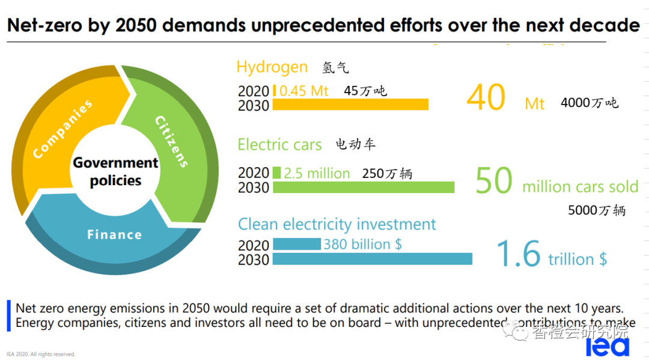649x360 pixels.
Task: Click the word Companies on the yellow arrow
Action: [x=63, y=130]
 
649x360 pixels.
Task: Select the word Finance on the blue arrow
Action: [x=114, y=234]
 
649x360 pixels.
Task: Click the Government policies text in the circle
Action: [x=115, y=171]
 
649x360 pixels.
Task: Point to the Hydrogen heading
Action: [x=272, y=67]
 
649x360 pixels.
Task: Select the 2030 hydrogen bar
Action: [x=350, y=105]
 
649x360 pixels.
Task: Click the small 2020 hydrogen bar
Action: [x=275, y=91]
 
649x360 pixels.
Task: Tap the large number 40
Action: [x=486, y=97]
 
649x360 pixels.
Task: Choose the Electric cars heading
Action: [x=279, y=144]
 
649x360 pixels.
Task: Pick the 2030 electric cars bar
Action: [x=364, y=187]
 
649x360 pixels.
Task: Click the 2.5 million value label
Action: [x=317, y=174]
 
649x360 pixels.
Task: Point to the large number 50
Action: [x=494, y=181]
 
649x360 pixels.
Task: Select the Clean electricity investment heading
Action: [x=337, y=224]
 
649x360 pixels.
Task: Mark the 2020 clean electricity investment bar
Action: [x=297, y=244]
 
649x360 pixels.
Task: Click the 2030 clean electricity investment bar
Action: [x=372, y=259]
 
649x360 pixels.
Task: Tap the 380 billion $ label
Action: [x=362, y=244]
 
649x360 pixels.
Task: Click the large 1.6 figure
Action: [x=519, y=254]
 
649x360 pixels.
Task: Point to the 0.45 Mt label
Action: [x=304, y=91]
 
